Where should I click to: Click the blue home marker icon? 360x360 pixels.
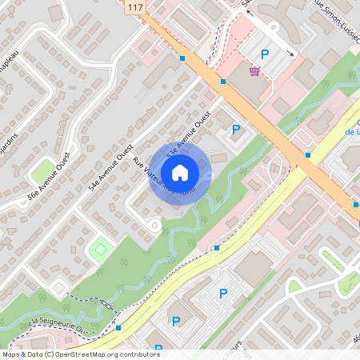coord(180,172)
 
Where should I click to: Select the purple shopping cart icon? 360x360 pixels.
coord(254,71)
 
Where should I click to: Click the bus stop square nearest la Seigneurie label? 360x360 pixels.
coord(118,327)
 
